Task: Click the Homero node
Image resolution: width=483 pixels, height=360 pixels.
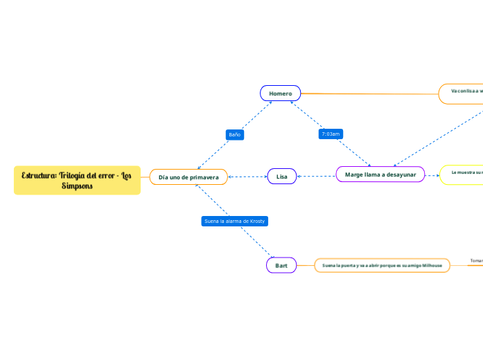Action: (x=280, y=93)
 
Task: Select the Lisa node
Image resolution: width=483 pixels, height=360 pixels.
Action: (x=282, y=177)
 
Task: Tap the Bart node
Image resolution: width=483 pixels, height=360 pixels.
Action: (x=281, y=265)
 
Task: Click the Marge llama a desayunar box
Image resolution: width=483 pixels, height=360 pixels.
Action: (x=380, y=175)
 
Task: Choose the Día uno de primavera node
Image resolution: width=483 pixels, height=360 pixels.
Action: (x=188, y=177)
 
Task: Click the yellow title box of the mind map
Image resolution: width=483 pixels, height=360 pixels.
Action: (x=77, y=181)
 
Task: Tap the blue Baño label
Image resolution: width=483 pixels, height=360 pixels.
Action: (x=235, y=134)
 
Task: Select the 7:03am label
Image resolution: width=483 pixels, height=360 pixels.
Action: (x=331, y=134)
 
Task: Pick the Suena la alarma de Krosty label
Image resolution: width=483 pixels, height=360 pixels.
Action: (x=234, y=221)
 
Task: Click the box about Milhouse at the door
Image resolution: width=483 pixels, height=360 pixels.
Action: (x=382, y=265)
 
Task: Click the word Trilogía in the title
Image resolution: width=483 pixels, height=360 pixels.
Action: (x=73, y=175)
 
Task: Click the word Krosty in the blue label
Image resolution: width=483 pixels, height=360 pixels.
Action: (x=254, y=221)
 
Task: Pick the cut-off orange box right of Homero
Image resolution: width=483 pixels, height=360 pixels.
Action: (x=462, y=93)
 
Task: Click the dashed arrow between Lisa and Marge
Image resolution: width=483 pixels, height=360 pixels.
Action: (x=317, y=176)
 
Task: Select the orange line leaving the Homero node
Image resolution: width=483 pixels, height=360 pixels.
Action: (x=367, y=93)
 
